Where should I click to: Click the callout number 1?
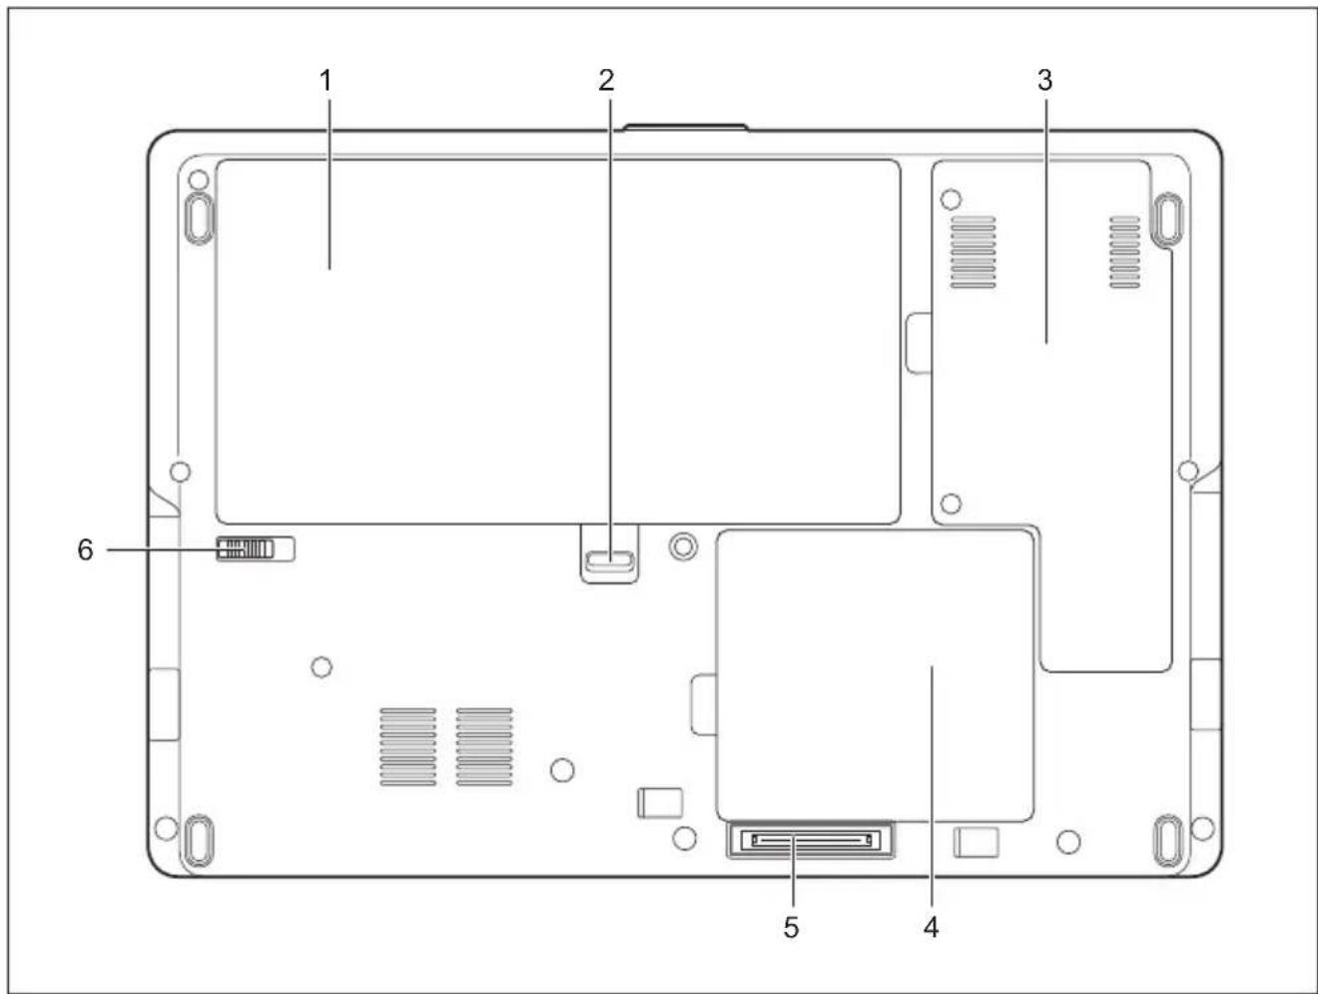pos(326,81)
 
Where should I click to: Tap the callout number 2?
pos(606,81)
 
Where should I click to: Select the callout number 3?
pos(1044,81)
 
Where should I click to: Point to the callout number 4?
pos(932,928)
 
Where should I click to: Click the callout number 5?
pos(792,928)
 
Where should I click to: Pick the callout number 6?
pos(85,549)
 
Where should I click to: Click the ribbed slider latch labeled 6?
pos(245,549)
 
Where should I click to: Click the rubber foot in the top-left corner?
pos(198,218)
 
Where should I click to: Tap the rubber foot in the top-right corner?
pos(1167,219)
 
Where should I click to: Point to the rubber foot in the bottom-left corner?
pos(198,840)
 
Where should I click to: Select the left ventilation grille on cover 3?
pos(973,252)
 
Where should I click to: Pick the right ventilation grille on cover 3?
pos(1124,252)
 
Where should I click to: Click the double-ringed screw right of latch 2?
pos(683,545)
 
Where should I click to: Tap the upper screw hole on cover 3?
pos(952,199)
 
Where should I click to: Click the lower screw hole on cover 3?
pos(952,503)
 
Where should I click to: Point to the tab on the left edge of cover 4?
pos(704,704)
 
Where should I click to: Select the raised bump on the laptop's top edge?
pos(686,127)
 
